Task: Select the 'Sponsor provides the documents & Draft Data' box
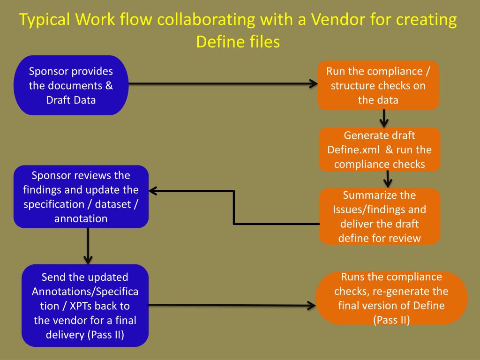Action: [71, 85]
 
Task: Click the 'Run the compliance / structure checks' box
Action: [378, 85]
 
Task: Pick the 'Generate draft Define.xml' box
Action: [380, 150]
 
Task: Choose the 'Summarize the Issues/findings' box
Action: [380, 217]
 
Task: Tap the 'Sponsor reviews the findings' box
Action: [81, 196]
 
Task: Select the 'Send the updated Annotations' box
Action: [85, 306]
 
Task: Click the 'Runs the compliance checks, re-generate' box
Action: [391, 298]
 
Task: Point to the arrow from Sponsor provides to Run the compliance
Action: [223, 83]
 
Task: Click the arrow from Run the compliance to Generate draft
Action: [384, 119]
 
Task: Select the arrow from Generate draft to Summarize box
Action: [388, 179]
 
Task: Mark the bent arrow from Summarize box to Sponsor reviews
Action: [234, 208]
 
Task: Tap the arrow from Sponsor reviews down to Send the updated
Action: [88, 246]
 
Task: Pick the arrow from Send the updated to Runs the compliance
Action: [232, 305]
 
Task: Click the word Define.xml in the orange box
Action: [353, 150]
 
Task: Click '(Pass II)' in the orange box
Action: [391, 320]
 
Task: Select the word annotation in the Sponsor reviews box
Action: [81, 218]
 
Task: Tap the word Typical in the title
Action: [45, 20]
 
